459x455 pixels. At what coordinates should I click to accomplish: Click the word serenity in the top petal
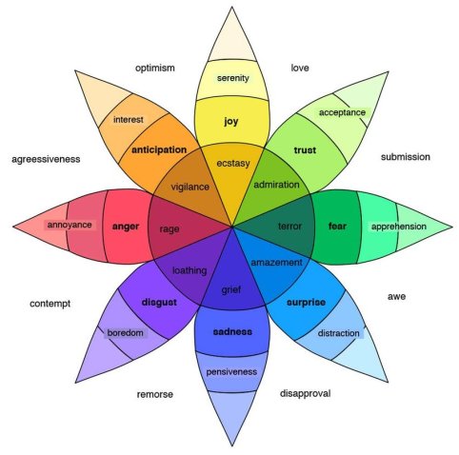pyautogui.click(x=232, y=77)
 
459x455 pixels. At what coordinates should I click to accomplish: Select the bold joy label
pyautogui.click(x=231, y=121)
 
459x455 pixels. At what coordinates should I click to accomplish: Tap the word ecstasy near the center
pyautogui.click(x=232, y=163)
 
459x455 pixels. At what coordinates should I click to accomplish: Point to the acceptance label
pyautogui.click(x=342, y=112)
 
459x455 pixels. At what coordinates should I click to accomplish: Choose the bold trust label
pyautogui.click(x=305, y=150)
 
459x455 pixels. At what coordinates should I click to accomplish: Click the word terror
pyautogui.click(x=289, y=227)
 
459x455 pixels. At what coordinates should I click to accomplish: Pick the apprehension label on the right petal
pyautogui.click(x=397, y=227)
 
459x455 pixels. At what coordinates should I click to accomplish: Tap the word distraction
pyautogui.click(x=338, y=333)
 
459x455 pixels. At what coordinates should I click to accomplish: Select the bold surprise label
pyautogui.click(x=306, y=302)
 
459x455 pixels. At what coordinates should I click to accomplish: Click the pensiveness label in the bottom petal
pyautogui.click(x=232, y=371)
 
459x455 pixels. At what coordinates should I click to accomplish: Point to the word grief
pyautogui.click(x=232, y=289)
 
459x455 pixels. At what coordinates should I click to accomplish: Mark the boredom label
pyautogui.click(x=125, y=333)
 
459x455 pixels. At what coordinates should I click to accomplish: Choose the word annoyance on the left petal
pyautogui.click(x=70, y=225)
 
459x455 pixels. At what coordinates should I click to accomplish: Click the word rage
pyautogui.click(x=170, y=228)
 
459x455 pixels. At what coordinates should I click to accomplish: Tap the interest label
pyautogui.click(x=128, y=120)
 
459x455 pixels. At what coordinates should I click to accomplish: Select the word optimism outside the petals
pyautogui.click(x=154, y=69)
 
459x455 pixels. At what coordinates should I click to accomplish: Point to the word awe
pyautogui.click(x=396, y=297)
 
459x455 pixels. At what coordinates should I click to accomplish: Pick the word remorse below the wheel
pyautogui.click(x=154, y=394)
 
